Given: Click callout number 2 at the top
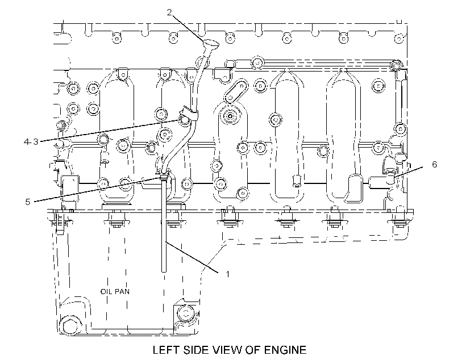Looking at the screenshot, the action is (169, 12).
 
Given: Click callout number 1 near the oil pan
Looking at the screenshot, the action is (228, 274).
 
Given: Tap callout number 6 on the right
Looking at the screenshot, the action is (435, 164).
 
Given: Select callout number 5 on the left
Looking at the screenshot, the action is (28, 202).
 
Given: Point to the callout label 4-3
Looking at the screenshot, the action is (31, 142).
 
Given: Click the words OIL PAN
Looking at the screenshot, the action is (115, 291).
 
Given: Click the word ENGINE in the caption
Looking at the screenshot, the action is (285, 350).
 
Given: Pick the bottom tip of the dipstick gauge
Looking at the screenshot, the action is (164, 271).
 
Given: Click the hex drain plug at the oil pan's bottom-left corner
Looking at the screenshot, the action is (69, 326).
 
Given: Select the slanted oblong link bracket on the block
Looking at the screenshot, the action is (236, 90).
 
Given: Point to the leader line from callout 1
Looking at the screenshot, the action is (192, 257).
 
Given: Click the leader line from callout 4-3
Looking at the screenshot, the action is (110, 131).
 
